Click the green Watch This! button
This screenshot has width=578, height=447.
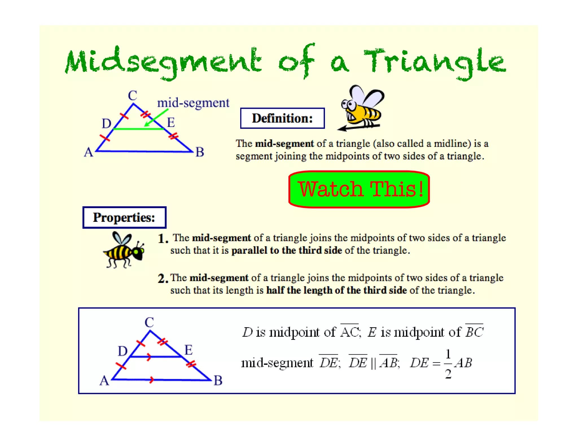pyautogui.click(x=359, y=189)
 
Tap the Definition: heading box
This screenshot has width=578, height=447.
pyautogui.click(x=282, y=118)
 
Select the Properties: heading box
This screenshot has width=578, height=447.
pyautogui.click(x=124, y=217)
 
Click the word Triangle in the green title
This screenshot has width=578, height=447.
pyautogui.click(x=435, y=62)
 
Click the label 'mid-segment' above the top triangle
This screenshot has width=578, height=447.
pyautogui.click(x=193, y=103)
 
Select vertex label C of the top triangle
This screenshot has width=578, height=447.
pyautogui.click(x=132, y=96)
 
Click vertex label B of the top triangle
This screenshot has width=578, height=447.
pyautogui.click(x=200, y=152)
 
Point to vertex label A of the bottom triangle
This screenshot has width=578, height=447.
pyautogui.click(x=104, y=381)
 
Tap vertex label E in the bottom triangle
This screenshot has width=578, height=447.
pyautogui.click(x=189, y=350)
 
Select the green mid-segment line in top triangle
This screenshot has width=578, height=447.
pyautogui.click(x=138, y=129)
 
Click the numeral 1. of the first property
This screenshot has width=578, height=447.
pyautogui.click(x=163, y=239)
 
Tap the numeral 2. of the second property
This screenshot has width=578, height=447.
pyautogui.click(x=163, y=279)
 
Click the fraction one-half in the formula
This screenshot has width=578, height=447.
pyautogui.click(x=448, y=364)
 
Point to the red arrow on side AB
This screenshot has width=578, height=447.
pyautogui.click(x=152, y=380)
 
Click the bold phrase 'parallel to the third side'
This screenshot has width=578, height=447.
pyautogui.click(x=286, y=250)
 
